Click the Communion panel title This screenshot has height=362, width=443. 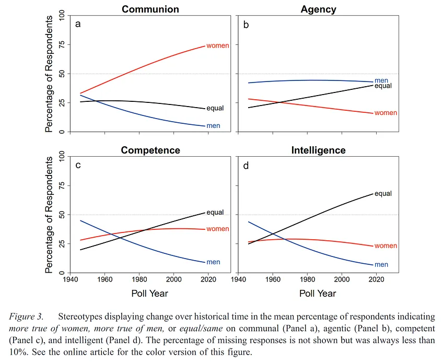coord(150,9)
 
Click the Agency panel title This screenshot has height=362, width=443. coord(319,9)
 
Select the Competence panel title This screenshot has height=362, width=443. coord(150,150)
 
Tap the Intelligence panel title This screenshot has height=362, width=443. coord(319,150)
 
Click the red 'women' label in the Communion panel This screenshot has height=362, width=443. coord(217,46)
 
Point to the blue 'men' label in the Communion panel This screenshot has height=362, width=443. coord(213,126)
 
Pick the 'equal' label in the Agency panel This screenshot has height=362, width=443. coord(383,86)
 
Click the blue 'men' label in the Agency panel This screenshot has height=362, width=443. coord(381,80)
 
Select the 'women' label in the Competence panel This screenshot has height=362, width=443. coord(217,229)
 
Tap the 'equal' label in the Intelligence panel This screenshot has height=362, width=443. coord(383,194)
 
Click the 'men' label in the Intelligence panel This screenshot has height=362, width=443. coord(381,265)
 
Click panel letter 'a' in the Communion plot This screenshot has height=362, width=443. coord(78,25)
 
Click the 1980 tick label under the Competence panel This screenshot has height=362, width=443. coord(139,279)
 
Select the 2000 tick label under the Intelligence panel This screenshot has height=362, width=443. coord(342,279)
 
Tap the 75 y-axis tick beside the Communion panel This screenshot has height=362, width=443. coord(62,44)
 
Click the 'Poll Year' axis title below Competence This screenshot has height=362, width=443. coord(150,294)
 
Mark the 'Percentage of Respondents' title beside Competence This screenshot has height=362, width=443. coord(49,215)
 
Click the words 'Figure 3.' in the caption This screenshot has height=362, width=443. coord(26,317)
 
